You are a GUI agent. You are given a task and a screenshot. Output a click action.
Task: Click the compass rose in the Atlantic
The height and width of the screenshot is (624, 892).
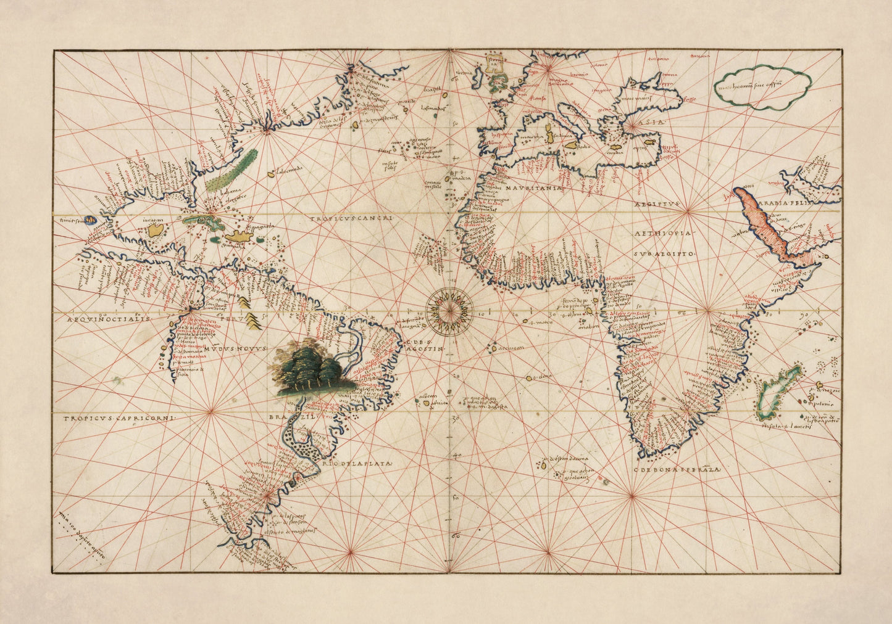click(x=449, y=306)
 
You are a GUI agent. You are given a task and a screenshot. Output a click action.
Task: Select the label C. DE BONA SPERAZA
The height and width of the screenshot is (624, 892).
click(x=677, y=470)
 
